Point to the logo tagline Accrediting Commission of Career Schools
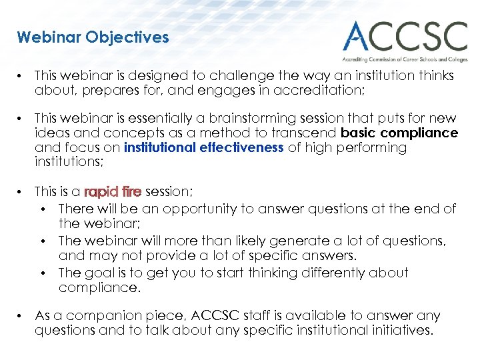[x=405, y=59]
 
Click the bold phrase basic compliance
[x=399, y=133]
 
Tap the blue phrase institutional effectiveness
[x=204, y=147]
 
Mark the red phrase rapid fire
[x=113, y=192]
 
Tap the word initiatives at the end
[x=400, y=330]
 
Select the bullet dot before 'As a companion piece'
[x=22, y=316]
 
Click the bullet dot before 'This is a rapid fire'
[x=22, y=192]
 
